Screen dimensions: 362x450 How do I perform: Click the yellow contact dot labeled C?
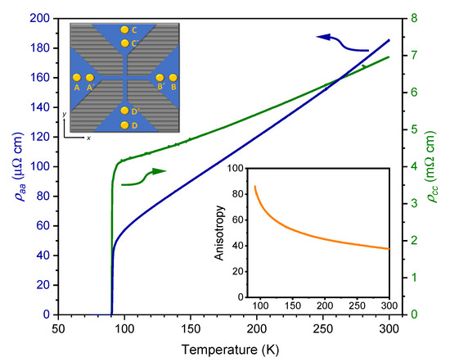(x=124, y=29)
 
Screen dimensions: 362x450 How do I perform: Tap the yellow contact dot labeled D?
(x=124, y=125)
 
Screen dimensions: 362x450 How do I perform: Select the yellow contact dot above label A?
(x=77, y=77)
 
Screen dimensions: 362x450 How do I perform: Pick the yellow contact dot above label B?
(x=173, y=77)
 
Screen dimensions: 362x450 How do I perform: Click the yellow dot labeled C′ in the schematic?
(x=124, y=43)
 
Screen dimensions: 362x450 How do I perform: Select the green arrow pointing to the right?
(x=155, y=171)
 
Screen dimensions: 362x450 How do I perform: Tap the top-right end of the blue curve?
(x=389, y=39)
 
